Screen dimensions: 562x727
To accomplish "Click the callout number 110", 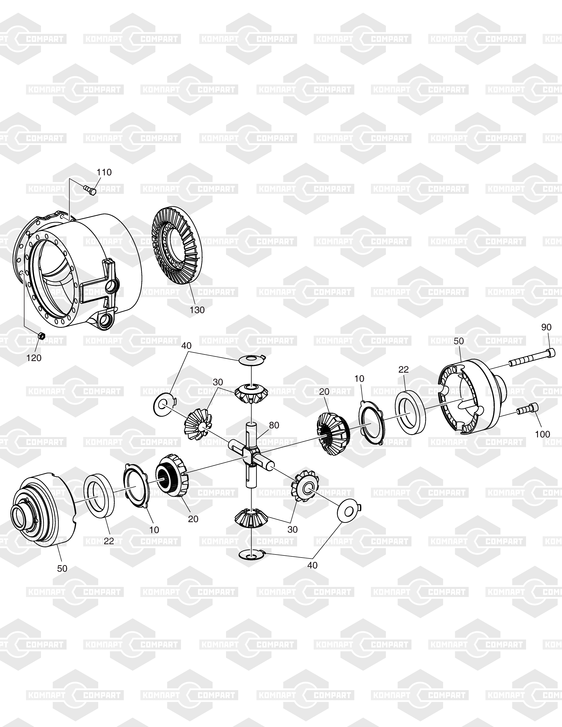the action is (104, 172).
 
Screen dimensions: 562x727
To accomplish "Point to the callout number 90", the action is (546, 327).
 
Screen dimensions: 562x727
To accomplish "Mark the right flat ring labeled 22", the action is (410, 412).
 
